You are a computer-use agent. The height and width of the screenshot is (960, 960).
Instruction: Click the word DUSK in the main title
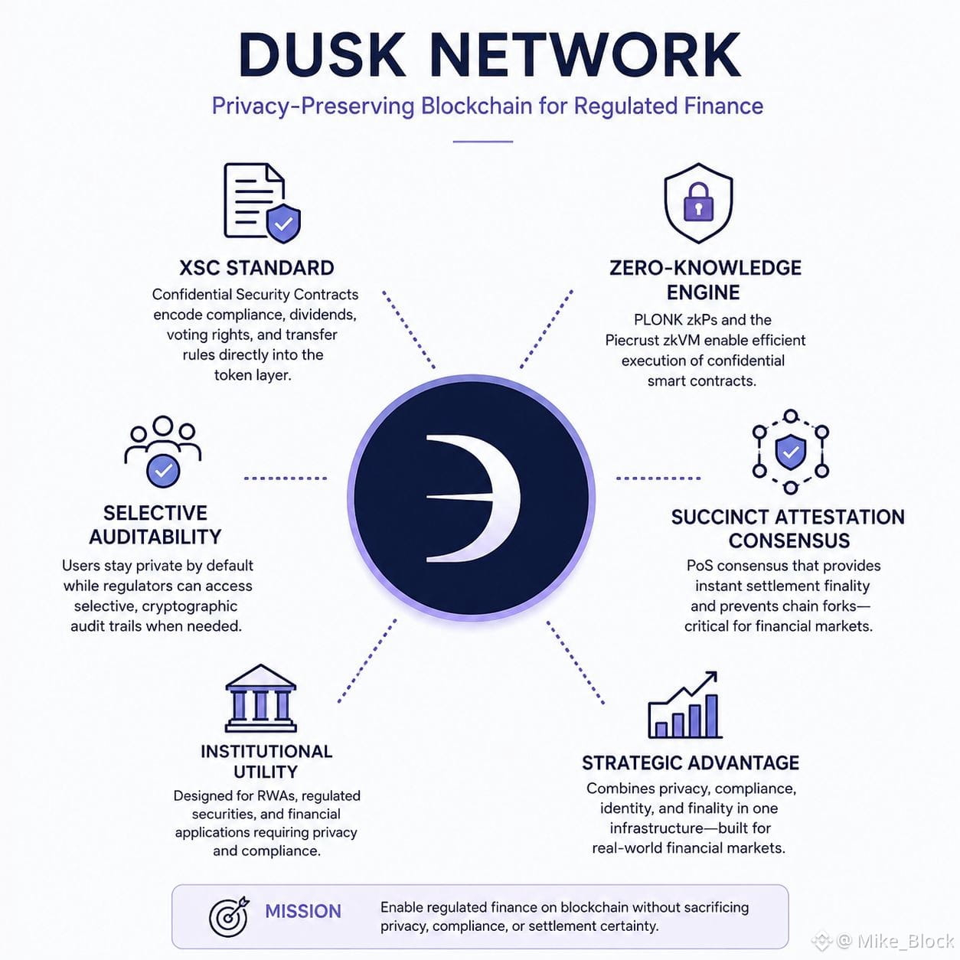(322, 55)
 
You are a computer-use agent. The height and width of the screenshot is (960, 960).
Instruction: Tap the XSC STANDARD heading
(256, 268)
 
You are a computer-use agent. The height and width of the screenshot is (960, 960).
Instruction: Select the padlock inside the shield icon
(698, 201)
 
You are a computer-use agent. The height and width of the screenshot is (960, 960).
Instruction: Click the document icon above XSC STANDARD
(262, 203)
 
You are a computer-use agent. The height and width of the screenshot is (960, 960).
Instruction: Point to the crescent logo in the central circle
(474, 498)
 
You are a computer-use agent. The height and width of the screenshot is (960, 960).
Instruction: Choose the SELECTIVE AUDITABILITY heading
(155, 524)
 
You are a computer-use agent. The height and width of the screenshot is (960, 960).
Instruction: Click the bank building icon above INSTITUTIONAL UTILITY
(260, 698)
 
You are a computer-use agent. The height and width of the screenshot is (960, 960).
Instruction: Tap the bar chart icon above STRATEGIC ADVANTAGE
(684, 704)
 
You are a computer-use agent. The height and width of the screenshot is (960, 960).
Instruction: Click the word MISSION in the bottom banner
(303, 911)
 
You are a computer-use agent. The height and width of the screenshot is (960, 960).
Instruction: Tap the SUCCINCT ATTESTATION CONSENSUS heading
(788, 528)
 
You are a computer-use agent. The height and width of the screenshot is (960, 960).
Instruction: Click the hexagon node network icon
(791, 452)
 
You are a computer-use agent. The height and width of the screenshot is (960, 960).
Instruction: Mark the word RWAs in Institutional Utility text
(279, 795)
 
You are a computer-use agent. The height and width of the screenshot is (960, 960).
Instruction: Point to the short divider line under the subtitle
(483, 142)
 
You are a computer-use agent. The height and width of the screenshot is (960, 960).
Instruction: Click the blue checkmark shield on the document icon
(283, 224)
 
